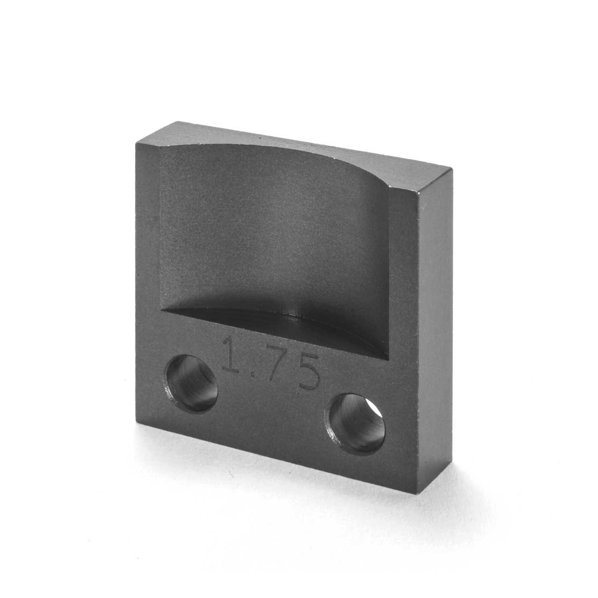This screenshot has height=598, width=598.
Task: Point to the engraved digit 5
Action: [x=308, y=374]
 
